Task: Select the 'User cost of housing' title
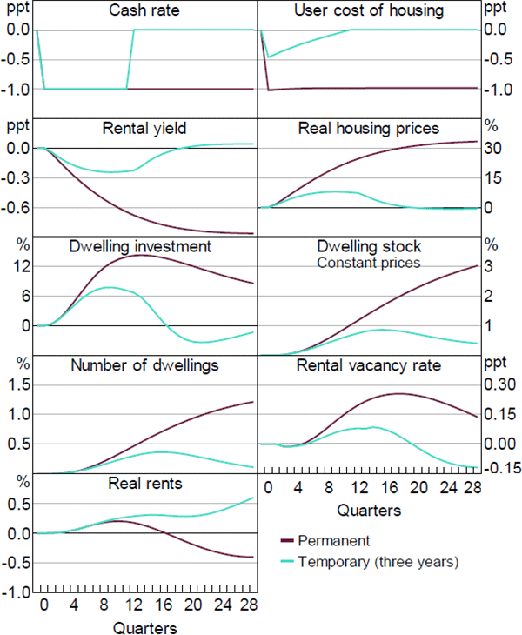click(369, 11)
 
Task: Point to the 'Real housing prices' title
click(369, 130)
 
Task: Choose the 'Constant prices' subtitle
click(369, 262)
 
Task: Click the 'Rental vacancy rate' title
click(369, 364)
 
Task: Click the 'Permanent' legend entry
click(334, 541)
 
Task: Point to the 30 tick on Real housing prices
click(494, 148)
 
